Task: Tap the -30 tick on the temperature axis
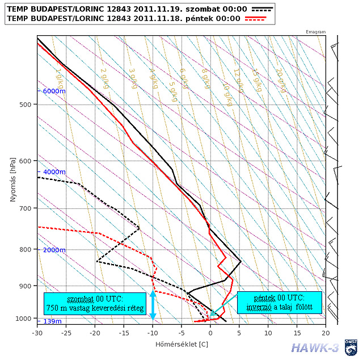(37, 333)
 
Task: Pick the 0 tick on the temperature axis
(210, 333)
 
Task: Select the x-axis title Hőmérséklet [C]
(181, 344)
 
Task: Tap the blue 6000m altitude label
(55, 91)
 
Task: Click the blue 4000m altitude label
(55, 171)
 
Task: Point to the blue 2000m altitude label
(55, 250)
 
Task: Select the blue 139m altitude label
(53, 321)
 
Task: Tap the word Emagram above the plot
(315, 32)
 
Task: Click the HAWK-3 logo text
(314, 348)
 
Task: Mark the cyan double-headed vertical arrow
(153, 304)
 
